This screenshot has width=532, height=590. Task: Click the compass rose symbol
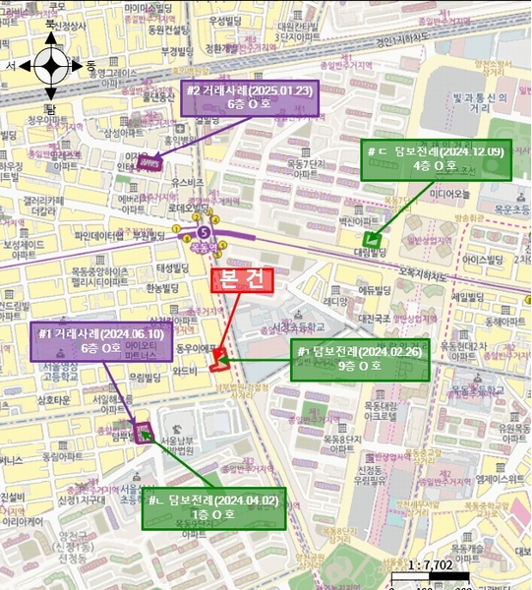pyautogui.click(x=51, y=66)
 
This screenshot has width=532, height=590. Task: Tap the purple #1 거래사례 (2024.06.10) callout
pyautogui.click(x=101, y=339)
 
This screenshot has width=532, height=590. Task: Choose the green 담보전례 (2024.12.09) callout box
pyautogui.click(x=436, y=158)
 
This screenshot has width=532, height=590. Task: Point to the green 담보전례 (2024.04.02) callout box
pyautogui.click(x=214, y=507)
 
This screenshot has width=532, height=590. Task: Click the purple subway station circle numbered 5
pyautogui.click(x=204, y=232)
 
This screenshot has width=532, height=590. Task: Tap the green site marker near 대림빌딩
pyautogui.click(x=372, y=238)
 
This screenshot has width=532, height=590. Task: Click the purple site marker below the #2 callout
pyautogui.click(x=148, y=163)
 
